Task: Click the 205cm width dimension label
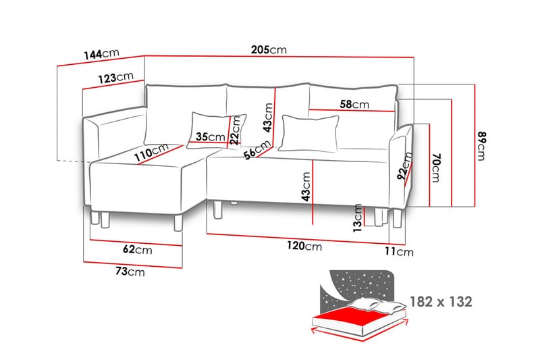269,49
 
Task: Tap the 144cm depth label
102,54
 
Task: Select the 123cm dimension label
115,78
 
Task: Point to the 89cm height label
481,146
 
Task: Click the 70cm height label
435,168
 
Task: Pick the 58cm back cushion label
354,104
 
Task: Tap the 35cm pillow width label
210,136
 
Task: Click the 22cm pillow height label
235,130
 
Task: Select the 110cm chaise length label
151,152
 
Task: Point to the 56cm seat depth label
257,150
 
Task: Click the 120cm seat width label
304,246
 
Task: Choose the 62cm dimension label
138,249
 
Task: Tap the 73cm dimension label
130,271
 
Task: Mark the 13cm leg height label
358,218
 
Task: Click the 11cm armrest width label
399,251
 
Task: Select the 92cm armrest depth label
404,166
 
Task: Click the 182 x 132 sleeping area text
441,302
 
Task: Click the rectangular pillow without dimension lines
308,133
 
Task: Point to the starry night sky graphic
358,288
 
